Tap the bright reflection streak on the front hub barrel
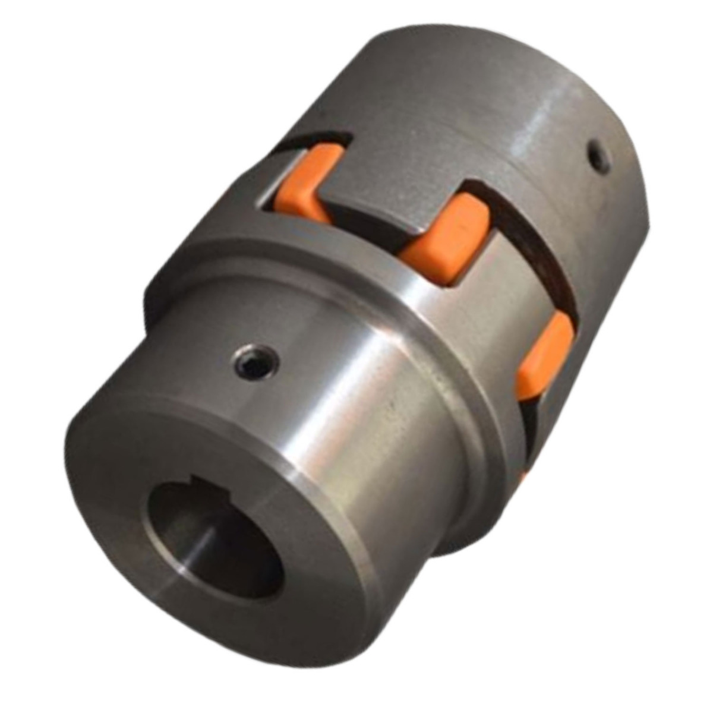pyautogui.click(x=380, y=416)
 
